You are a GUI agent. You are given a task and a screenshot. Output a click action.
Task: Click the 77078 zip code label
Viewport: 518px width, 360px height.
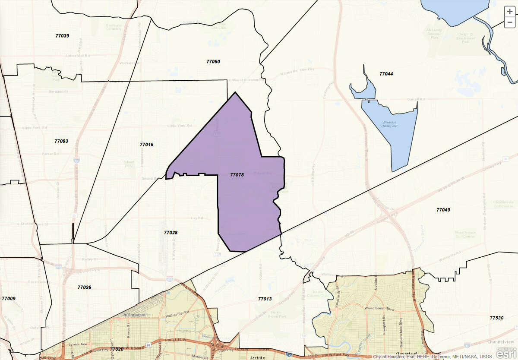237,175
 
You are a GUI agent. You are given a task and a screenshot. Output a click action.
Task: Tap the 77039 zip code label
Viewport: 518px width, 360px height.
62,35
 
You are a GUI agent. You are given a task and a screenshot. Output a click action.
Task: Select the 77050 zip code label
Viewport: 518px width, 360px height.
213,61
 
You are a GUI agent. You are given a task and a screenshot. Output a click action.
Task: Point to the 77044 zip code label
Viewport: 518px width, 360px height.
386,74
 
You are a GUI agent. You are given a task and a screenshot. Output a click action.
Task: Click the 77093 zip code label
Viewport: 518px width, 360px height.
61,141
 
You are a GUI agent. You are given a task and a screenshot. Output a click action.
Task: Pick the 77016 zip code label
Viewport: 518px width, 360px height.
146,144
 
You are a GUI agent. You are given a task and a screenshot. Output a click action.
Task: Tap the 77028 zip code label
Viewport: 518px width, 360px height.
171,232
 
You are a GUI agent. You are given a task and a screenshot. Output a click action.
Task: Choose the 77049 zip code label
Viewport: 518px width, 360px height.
443,210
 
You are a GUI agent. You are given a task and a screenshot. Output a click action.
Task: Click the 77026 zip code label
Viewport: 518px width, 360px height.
84,287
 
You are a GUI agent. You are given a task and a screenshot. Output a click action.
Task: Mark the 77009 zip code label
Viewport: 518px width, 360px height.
9,298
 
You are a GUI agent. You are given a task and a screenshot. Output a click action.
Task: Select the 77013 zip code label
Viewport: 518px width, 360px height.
265,299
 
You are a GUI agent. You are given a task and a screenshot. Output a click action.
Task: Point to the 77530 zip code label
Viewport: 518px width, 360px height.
496,318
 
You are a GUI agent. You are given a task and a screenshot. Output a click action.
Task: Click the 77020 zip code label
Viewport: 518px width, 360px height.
117,349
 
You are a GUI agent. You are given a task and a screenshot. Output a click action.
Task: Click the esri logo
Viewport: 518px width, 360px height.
505,354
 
